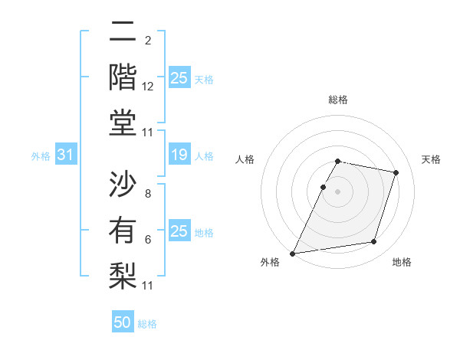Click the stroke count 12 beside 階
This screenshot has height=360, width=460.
pos(148,87)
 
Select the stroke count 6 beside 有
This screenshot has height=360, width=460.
pos(148,240)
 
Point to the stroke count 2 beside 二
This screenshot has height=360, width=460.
pos(148,41)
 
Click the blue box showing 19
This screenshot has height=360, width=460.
pos(179,155)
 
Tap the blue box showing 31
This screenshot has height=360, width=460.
pos(65,155)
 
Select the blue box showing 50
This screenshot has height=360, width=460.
pos(123,322)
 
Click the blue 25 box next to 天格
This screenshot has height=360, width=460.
pos(179,78)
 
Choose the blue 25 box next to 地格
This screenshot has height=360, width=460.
pos(179,231)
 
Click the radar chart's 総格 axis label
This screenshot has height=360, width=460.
pos(337,100)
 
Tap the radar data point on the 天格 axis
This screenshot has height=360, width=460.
pos(396,172)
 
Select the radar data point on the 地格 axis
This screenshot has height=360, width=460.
pos(374,242)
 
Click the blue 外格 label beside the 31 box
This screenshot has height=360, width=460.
pos(41,156)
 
